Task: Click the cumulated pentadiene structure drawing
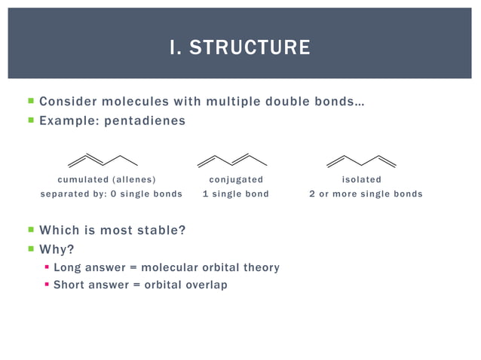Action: tap(103, 160)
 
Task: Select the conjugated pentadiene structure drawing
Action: tap(232, 160)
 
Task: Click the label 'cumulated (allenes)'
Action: tap(107, 179)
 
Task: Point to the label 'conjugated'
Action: tap(236, 179)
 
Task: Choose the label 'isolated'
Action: tap(362, 179)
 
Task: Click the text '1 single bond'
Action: tap(236, 194)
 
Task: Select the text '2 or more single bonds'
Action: tap(366, 194)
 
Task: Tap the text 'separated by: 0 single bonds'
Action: tap(111, 194)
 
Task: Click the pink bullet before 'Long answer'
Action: tap(47, 267)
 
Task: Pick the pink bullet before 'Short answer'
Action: tap(47, 285)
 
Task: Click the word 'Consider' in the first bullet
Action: tap(67, 101)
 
